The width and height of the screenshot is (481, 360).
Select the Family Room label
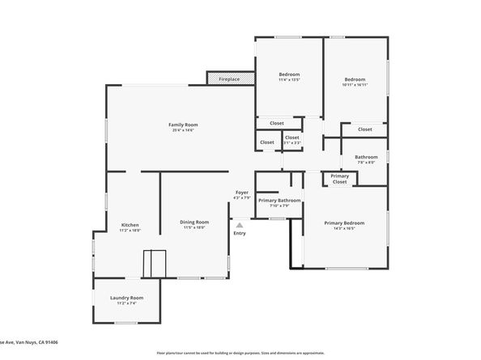(x=183, y=125)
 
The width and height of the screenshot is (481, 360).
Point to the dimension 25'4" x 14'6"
(x=183, y=130)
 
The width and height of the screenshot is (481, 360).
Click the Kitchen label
(x=130, y=225)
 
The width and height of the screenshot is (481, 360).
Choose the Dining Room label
(x=194, y=222)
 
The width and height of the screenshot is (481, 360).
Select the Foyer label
(x=241, y=193)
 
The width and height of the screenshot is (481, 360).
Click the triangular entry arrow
(x=240, y=225)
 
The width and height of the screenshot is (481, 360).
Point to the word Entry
(x=240, y=234)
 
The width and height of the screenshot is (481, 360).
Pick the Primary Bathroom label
(x=279, y=200)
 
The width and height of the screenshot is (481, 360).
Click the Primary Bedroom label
(x=344, y=222)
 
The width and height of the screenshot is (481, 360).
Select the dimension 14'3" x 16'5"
(x=344, y=228)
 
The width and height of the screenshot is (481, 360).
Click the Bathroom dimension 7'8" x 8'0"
(x=366, y=162)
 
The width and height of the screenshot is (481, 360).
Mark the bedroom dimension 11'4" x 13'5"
(x=289, y=80)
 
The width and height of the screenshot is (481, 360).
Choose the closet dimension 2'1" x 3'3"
(x=292, y=142)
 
